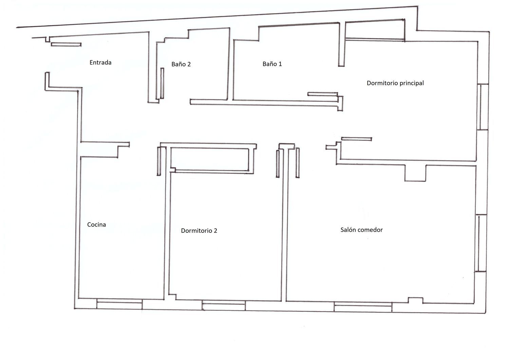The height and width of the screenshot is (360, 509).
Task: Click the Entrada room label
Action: pyautogui.click(x=100, y=62)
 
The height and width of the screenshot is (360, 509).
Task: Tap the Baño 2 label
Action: pyautogui.click(x=181, y=64)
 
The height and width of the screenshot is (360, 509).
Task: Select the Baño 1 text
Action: pyautogui.click(x=272, y=64)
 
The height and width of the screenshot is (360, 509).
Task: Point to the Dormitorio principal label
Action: pyautogui.click(x=395, y=83)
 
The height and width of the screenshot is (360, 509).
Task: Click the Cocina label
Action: pyautogui.click(x=97, y=225)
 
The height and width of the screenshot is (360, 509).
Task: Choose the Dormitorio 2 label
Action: pyautogui.click(x=199, y=231)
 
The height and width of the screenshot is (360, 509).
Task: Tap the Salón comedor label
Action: pyautogui.click(x=361, y=230)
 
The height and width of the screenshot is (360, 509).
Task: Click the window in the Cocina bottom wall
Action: pyautogui.click(x=119, y=304)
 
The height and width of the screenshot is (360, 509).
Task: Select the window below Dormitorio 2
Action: pyautogui.click(x=224, y=305)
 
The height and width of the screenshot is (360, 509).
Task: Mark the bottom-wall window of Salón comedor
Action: pyautogui.click(x=363, y=307)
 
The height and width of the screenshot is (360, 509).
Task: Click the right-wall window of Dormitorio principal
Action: pyautogui.click(x=483, y=107)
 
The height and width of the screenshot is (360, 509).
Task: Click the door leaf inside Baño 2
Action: pyautogui.click(x=162, y=83)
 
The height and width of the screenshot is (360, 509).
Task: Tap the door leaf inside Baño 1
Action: pyautogui.click(x=323, y=94)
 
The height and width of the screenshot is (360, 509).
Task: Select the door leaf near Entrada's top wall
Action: pyautogui.click(x=66, y=44)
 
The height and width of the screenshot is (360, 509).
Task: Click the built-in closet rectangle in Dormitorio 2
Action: pyautogui.click(x=209, y=159)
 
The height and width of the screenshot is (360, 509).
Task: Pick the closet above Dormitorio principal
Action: pyautogui.click(x=375, y=30)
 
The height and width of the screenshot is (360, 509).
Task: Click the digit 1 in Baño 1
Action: pyautogui.click(x=280, y=64)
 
